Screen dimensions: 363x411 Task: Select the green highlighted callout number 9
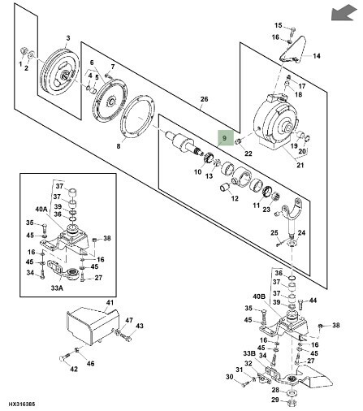point(224,138)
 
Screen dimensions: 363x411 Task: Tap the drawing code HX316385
point(22,404)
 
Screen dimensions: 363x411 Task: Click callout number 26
point(204,99)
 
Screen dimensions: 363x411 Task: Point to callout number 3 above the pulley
point(68,38)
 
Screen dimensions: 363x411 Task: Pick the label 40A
point(41,209)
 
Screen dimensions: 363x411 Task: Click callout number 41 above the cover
point(110,302)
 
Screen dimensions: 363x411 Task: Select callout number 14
point(317,56)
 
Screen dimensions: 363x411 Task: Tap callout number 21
point(300,165)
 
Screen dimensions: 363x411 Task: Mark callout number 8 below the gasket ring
point(119,146)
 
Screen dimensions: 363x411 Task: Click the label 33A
point(57,288)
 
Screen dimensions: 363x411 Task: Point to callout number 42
point(74,369)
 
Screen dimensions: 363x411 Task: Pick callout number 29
point(275,400)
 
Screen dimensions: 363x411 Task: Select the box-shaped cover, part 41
point(93,327)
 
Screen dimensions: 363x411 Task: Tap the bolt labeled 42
point(65,356)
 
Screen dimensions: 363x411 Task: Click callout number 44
point(313,301)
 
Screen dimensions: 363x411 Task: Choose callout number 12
point(235,198)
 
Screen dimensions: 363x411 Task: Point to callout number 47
point(129,320)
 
